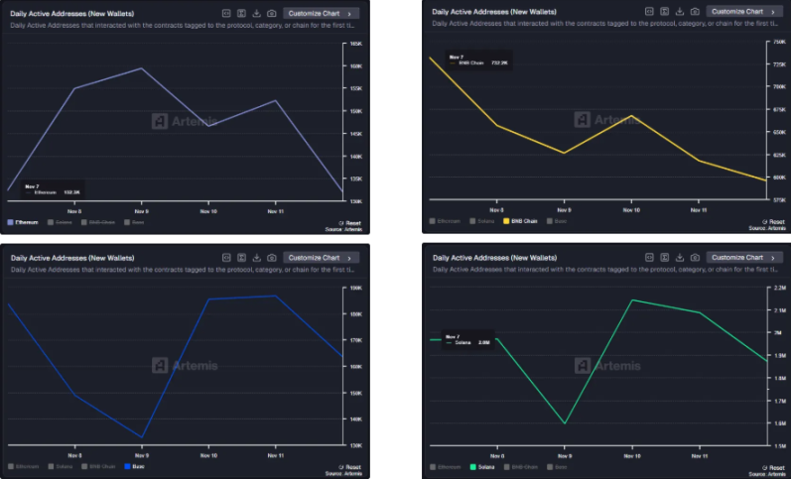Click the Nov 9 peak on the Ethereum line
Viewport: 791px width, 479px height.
(142, 68)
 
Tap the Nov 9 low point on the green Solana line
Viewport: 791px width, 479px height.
(565, 423)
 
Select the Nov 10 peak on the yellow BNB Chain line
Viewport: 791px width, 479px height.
(627, 116)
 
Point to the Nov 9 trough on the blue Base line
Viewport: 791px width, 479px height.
(142, 437)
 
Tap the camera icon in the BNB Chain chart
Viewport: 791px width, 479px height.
(695, 12)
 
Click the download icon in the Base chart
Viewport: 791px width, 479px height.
(256, 258)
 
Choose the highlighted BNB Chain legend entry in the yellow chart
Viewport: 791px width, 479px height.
(521, 220)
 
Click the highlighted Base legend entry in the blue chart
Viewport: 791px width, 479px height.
(135, 466)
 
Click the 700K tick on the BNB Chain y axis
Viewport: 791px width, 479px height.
(778, 86)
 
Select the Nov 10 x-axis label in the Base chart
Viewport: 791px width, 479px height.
(208, 455)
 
